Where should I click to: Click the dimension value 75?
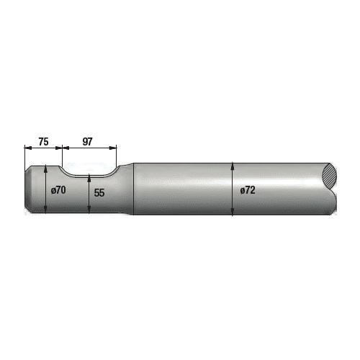tap(43, 142)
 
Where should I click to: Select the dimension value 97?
tap(88, 142)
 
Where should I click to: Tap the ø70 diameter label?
tap(58, 191)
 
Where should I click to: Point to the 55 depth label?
tap(99, 193)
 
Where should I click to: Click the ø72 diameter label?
tap(246, 191)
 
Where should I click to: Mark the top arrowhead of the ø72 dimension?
tap(233, 165)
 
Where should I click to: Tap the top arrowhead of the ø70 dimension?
tap(46, 168)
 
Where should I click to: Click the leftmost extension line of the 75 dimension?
tap(25, 155)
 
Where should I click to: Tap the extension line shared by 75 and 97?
tap(61, 155)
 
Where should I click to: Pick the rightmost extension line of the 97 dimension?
tap(117, 155)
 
